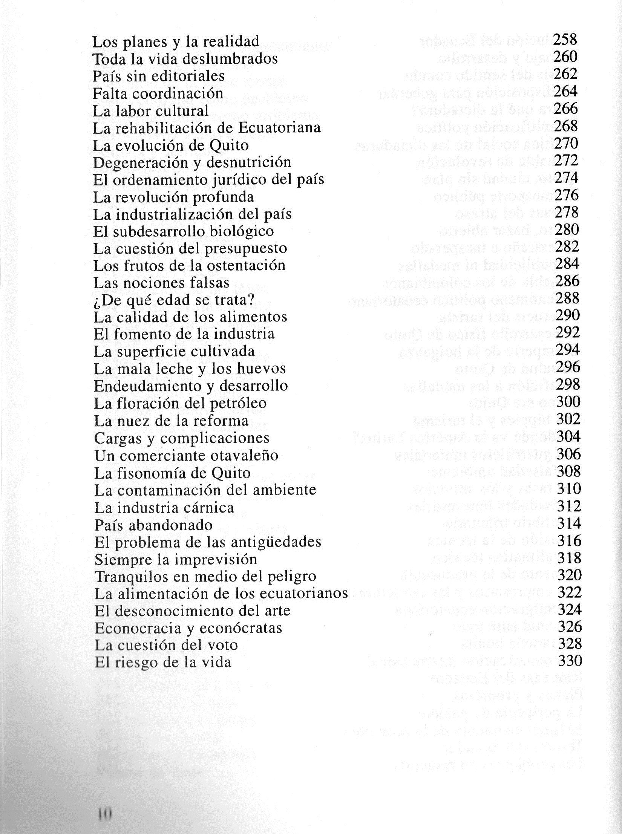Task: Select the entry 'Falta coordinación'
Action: (158, 93)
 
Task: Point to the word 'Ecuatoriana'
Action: (279, 128)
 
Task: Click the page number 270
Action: (565, 143)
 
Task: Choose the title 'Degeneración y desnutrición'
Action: (192, 162)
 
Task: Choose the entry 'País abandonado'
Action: (153, 525)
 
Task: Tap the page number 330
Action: (570, 661)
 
